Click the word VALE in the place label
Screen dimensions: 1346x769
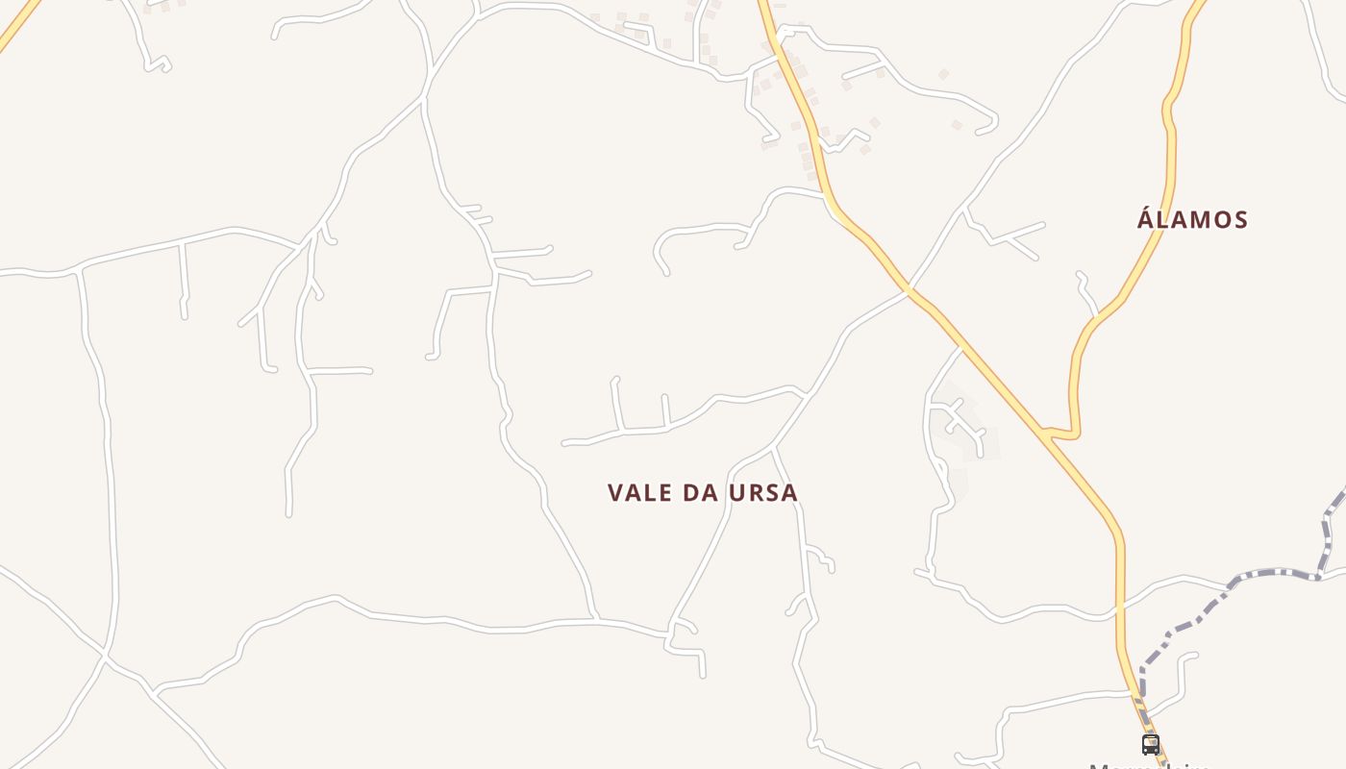(639, 493)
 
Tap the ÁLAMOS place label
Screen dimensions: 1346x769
(1192, 219)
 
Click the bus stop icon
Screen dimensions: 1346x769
(1151, 744)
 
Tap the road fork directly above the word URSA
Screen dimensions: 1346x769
(774, 448)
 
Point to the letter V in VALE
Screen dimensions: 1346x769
(616, 493)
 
